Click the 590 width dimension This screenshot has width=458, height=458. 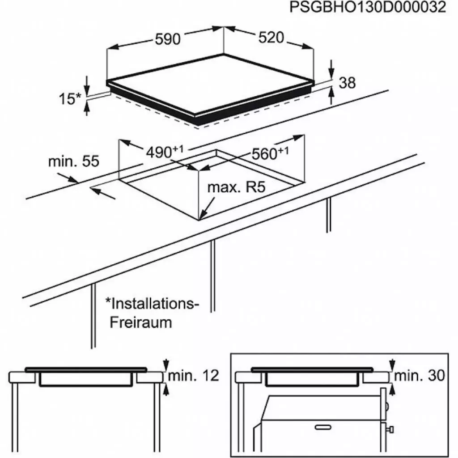(x=167, y=39)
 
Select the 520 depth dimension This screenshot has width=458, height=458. (x=271, y=38)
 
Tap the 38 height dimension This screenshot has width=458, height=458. (x=347, y=83)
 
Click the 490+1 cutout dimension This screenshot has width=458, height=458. (x=165, y=152)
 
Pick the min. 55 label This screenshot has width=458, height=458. (x=73, y=161)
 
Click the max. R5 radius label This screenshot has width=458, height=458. (x=237, y=187)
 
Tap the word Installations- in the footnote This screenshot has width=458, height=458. (x=153, y=305)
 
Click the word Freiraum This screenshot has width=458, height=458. (x=141, y=322)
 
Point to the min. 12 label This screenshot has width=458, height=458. (x=194, y=377)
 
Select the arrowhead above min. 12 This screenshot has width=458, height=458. (x=166, y=366)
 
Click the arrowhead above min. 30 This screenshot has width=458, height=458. (x=392, y=366)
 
